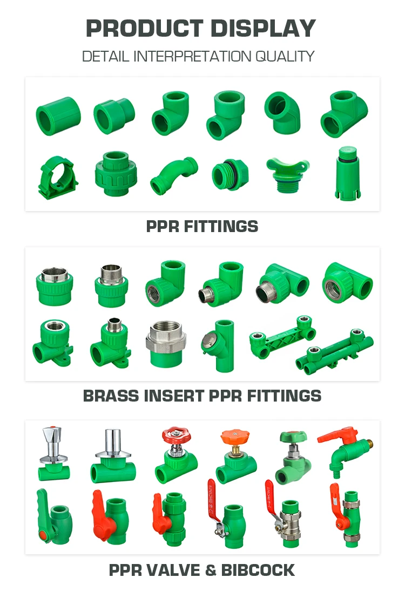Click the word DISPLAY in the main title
(x=263, y=28)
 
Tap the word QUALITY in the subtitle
(x=285, y=57)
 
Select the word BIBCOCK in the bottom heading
(x=258, y=570)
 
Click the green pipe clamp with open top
(x=57, y=177)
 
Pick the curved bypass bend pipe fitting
(x=173, y=175)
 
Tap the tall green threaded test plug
(x=347, y=173)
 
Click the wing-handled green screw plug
(x=288, y=175)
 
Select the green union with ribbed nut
(x=116, y=174)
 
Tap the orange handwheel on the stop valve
(x=235, y=437)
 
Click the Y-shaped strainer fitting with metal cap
(x=219, y=345)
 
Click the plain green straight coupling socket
(x=58, y=116)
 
